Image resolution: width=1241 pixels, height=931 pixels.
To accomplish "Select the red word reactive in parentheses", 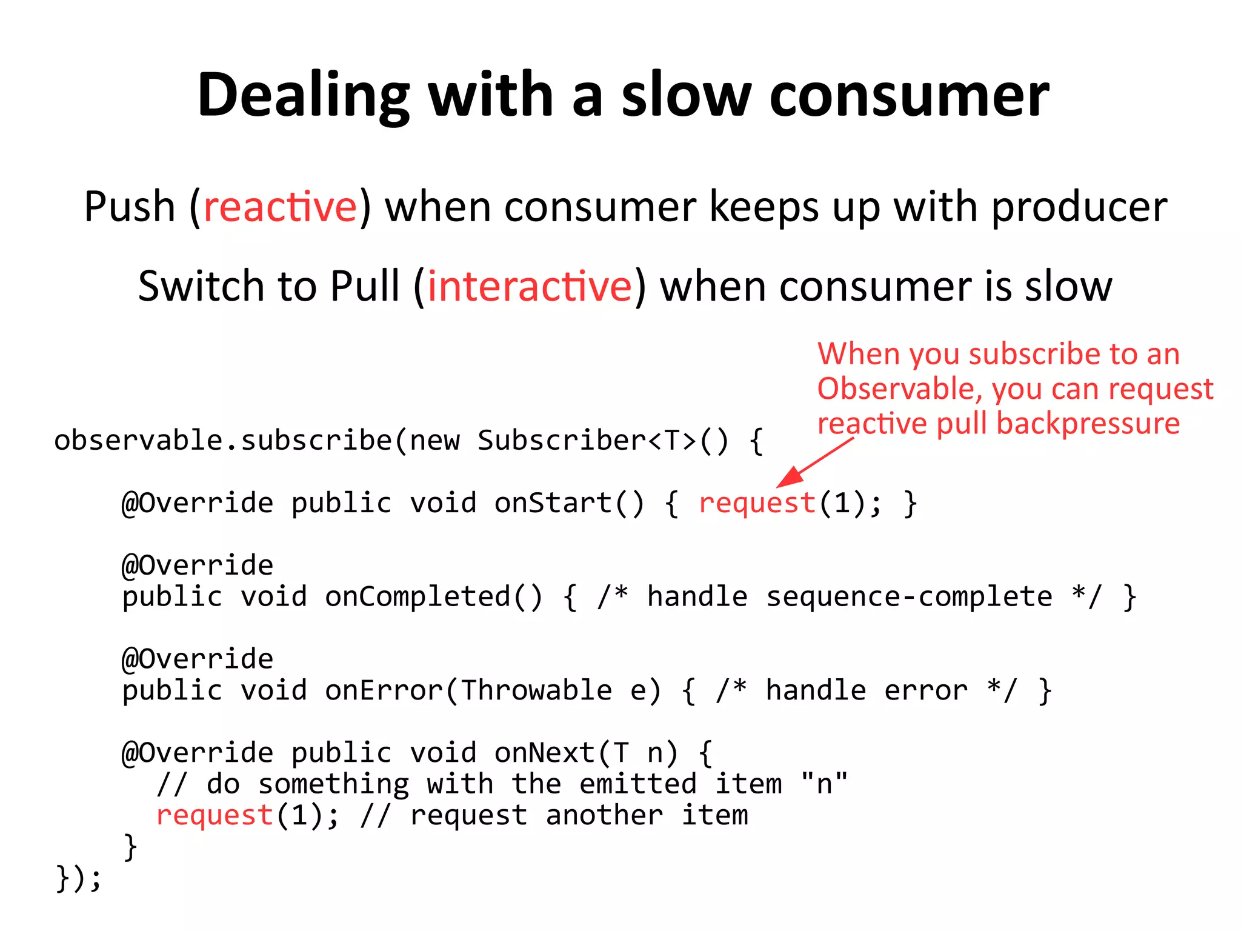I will [x=281, y=207].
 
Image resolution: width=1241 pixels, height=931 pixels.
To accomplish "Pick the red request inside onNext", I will [x=215, y=815].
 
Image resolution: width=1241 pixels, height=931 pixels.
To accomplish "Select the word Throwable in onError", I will [x=536, y=690].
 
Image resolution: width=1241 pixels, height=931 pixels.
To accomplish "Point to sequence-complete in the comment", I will [x=909, y=597].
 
